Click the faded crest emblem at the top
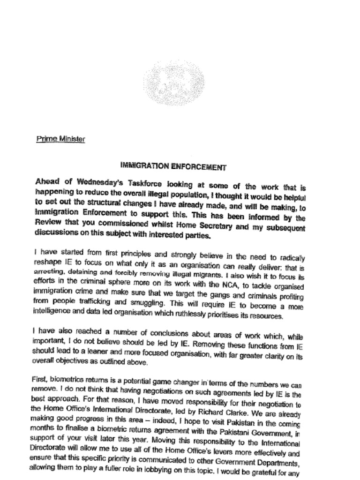173,85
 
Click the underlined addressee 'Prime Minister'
60,139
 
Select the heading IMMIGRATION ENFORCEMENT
173,166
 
